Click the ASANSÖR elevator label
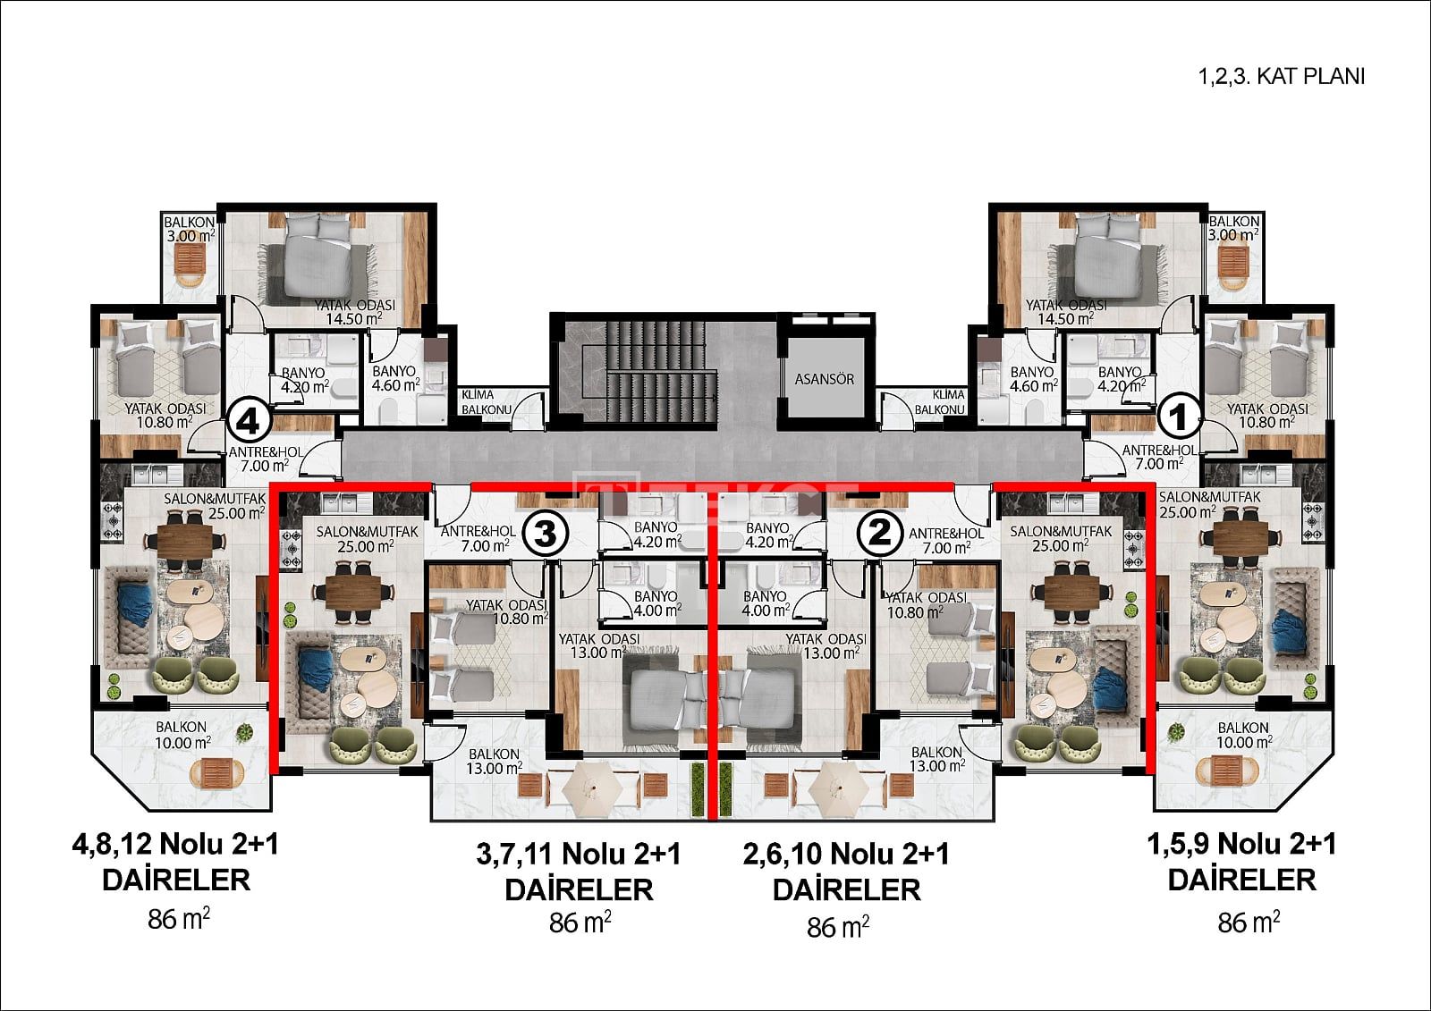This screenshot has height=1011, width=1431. click(x=824, y=379)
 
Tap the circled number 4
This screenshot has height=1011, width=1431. click(x=250, y=422)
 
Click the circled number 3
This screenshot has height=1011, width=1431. click(x=545, y=534)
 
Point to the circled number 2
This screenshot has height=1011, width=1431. click(x=881, y=532)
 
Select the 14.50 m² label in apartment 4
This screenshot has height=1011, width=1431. click(x=354, y=319)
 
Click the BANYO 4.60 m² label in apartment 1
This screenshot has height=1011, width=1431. click(x=1033, y=379)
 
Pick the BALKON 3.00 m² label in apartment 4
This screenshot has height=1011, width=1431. click(x=189, y=229)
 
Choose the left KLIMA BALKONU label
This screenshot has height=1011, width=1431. click(x=487, y=401)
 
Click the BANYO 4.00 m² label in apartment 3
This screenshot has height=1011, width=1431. click(x=656, y=602)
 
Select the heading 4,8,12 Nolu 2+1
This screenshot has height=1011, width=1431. click(x=175, y=845)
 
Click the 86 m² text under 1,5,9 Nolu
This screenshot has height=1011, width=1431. click(x=1249, y=923)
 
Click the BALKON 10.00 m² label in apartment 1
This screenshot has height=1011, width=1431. click(x=1243, y=735)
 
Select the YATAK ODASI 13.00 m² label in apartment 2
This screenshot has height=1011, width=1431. click(x=826, y=645)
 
